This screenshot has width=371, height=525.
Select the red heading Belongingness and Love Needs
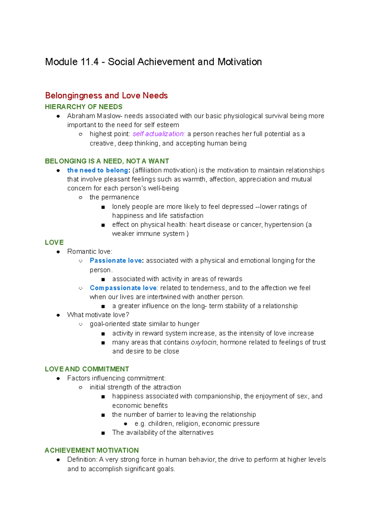[106, 96]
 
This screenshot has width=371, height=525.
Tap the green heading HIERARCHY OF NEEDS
[83, 107]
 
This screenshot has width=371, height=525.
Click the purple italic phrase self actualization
[158, 134]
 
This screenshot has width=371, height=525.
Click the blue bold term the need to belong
[98, 170]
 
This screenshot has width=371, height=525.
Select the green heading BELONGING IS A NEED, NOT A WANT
[107, 161]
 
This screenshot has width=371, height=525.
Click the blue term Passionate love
[116, 261]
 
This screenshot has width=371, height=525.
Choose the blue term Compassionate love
[123, 288]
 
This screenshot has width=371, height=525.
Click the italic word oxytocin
[203, 342]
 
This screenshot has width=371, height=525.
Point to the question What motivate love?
[98, 315]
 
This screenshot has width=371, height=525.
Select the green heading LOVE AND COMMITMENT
[87, 369]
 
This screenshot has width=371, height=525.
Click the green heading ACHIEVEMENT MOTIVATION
[92, 450]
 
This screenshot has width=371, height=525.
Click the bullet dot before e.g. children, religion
[126, 424]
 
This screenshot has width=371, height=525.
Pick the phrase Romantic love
[89, 252]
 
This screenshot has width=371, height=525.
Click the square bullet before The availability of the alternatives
[103, 433]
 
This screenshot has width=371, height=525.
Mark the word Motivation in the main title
[240, 62]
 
